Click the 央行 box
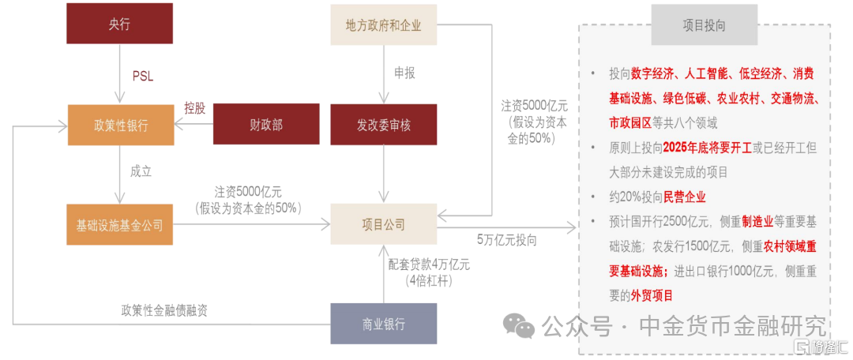pyautogui.click(x=119, y=24)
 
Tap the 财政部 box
pyautogui.click(x=266, y=124)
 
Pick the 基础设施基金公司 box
pyautogui.click(x=120, y=225)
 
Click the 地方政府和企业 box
pyautogui.click(x=383, y=24)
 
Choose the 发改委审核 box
pyautogui.click(x=383, y=124)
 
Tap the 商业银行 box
pyautogui.click(x=383, y=324)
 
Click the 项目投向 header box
pyautogui.click(x=704, y=25)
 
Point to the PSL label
pyautogui.click(x=142, y=77)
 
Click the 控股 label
pyautogui.click(x=194, y=108)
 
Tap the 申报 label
pyautogui.click(x=404, y=73)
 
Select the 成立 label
pyautogui.click(x=141, y=171)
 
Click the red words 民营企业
pyautogui.click(x=685, y=197)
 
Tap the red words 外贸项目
pyautogui.click(x=652, y=295)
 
